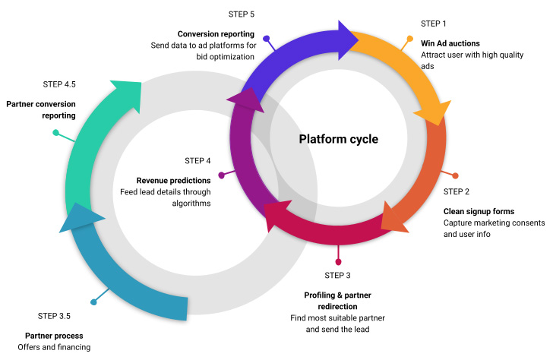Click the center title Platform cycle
click(x=338, y=139)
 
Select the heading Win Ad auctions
click(x=450, y=43)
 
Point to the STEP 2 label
click(x=457, y=191)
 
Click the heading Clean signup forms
click(x=479, y=210)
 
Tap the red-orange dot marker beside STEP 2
click(x=455, y=175)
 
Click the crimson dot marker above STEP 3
click(x=339, y=261)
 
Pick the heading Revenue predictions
click(x=173, y=180)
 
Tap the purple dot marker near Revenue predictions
click(x=221, y=175)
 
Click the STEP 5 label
click(x=242, y=14)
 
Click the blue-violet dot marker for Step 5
click(x=267, y=38)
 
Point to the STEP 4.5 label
click(x=62, y=85)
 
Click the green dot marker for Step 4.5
click(x=55, y=132)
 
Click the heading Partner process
click(x=54, y=335)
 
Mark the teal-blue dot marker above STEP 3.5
click(x=93, y=302)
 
